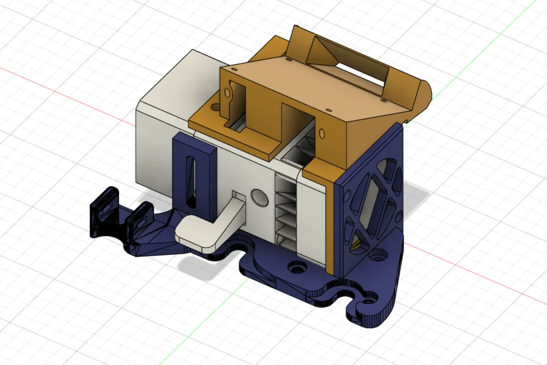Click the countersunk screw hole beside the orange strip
297,268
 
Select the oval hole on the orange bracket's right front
322,134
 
